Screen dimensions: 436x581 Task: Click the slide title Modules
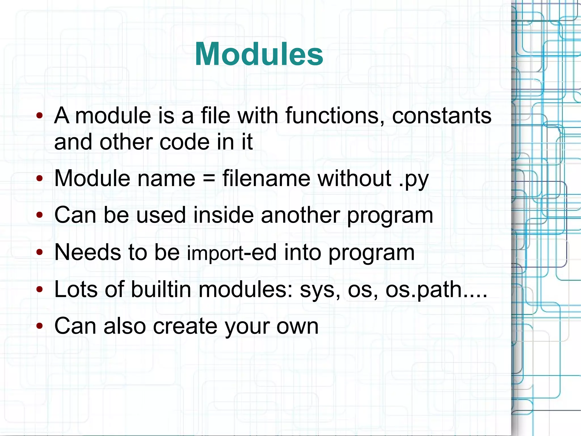point(259,54)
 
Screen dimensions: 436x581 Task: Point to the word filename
point(266,178)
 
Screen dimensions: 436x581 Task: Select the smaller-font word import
point(215,253)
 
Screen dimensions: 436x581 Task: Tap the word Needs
point(87,252)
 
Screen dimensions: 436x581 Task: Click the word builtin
point(161,289)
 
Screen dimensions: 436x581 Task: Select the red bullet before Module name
point(39,179)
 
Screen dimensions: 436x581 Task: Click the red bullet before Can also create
point(39,326)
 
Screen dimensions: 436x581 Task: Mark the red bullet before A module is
point(39,116)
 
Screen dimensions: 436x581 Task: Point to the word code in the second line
point(185,142)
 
